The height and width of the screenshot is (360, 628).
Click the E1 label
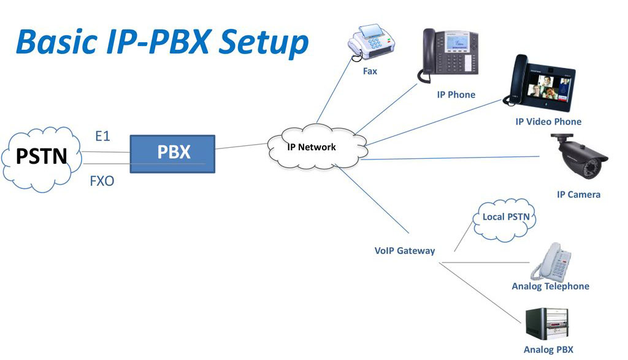coord(102,136)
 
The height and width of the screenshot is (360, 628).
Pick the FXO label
coord(102,182)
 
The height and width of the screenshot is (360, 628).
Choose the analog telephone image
coord(550,261)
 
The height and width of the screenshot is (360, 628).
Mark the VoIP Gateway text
coord(405,251)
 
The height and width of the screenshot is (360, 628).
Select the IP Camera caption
coord(578,195)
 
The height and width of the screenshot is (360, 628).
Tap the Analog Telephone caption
coord(550,286)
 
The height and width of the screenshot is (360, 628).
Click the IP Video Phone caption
coord(548,122)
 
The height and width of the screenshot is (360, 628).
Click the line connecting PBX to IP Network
coord(242,147)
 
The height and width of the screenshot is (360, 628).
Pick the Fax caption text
coord(370,72)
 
